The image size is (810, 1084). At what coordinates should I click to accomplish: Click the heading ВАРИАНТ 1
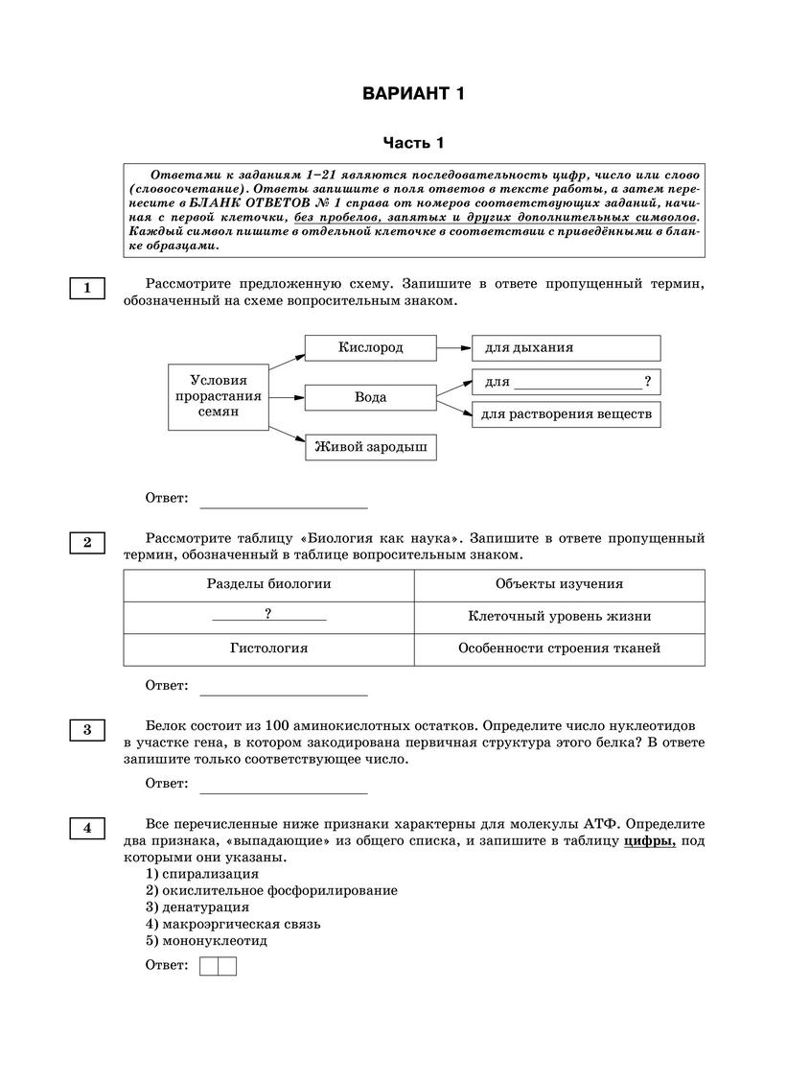[413, 94]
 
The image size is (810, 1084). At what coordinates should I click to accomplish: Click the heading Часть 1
[413, 143]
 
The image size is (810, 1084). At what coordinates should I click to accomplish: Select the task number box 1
[87, 288]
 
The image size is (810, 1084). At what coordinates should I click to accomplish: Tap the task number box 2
[87, 543]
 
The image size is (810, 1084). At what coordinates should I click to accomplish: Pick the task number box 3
[87, 731]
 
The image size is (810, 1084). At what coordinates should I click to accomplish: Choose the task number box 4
[87, 828]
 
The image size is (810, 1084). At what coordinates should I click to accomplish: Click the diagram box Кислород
[370, 347]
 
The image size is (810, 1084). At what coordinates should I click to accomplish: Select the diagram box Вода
[370, 396]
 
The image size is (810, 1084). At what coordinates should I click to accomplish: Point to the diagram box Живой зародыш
[370, 447]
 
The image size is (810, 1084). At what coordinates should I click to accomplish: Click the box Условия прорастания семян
[218, 396]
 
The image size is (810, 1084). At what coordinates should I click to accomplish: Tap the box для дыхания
[566, 347]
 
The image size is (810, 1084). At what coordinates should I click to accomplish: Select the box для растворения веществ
[566, 414]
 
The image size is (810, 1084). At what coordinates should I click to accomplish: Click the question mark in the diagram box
[649, 381]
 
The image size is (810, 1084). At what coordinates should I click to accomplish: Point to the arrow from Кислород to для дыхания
[453, 347]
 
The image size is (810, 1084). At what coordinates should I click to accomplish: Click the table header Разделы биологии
[268, 584]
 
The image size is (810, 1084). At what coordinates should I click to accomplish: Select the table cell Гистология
[268, 648]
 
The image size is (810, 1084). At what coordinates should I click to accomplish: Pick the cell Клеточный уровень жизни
[559, 617]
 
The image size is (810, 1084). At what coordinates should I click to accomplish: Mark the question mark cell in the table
[268, 615]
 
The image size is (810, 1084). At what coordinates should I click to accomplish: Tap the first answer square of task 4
[209, 966]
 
